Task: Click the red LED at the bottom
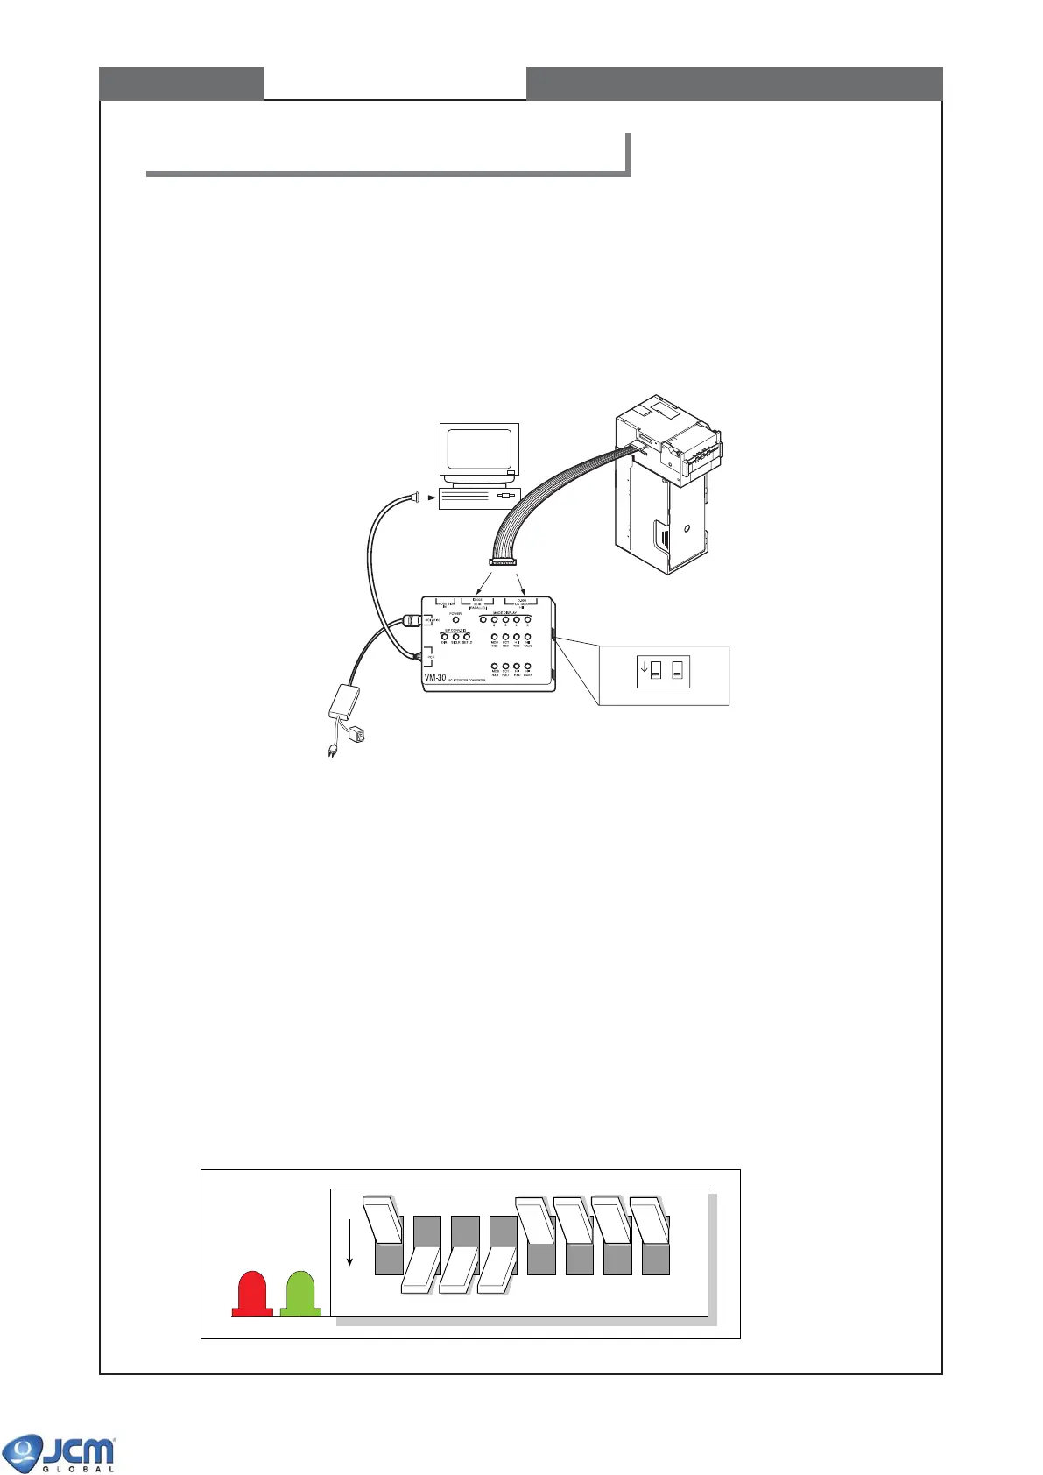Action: [x=252, y=1294]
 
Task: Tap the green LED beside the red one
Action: [x=300, y=1294]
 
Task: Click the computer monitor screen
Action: [x=478, y=449]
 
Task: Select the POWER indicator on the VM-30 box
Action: [x=455, y=621]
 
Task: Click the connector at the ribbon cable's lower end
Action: [x=503, y=562]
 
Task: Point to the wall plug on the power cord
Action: [x=332, y=750]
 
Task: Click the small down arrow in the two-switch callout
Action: [x=645, y=667]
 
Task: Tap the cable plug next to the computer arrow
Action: [x=412, y=498]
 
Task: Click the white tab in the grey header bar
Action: [x=394, y=82]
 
